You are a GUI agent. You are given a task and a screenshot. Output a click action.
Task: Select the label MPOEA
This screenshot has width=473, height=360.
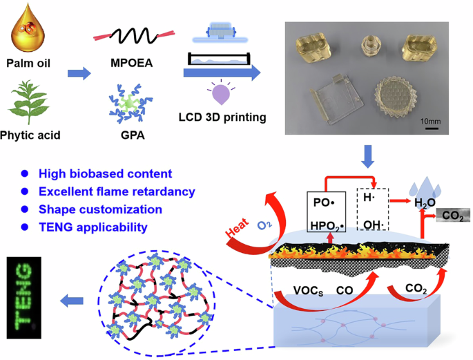pos(131,66)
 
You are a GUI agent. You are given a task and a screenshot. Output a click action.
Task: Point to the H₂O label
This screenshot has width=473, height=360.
pos(425,202)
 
